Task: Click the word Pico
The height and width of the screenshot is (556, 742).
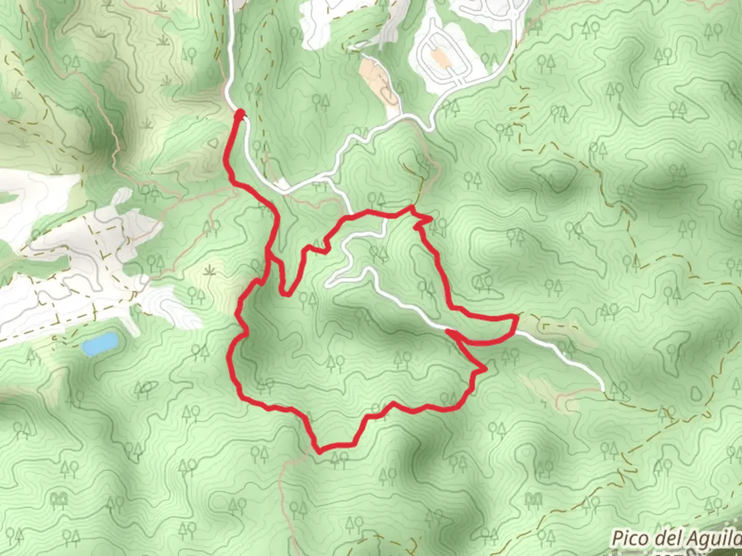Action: pyautogui.click(x=628, y=538)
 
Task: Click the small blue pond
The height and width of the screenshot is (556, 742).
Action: pyautogui.click(x=100, y=343)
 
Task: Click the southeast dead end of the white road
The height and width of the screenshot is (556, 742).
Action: pyautogui.click(x=602, y=387)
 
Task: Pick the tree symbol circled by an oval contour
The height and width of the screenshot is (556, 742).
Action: pyautogui.click(x=146, y=387)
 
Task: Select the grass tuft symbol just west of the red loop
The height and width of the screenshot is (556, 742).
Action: pyautogui.click(x=209, y=269)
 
